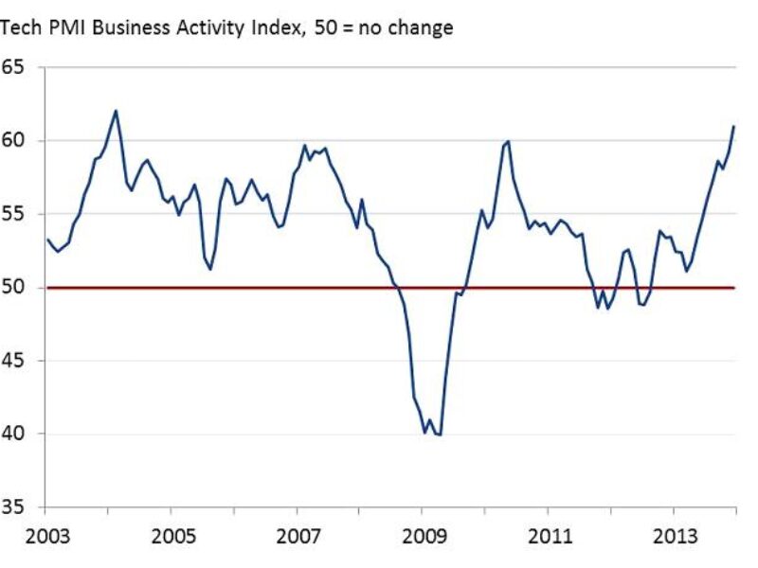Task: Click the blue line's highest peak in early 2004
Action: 116,111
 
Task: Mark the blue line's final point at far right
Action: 733,126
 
